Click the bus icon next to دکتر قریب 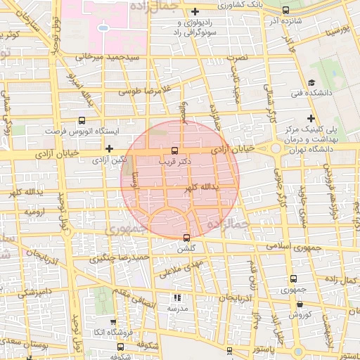[174, 150]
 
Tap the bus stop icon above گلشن [186, 237]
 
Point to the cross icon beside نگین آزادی [109, 148]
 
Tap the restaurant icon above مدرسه [177, 298]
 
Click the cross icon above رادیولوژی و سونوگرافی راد [195, 12]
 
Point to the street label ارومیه [34, 211]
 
